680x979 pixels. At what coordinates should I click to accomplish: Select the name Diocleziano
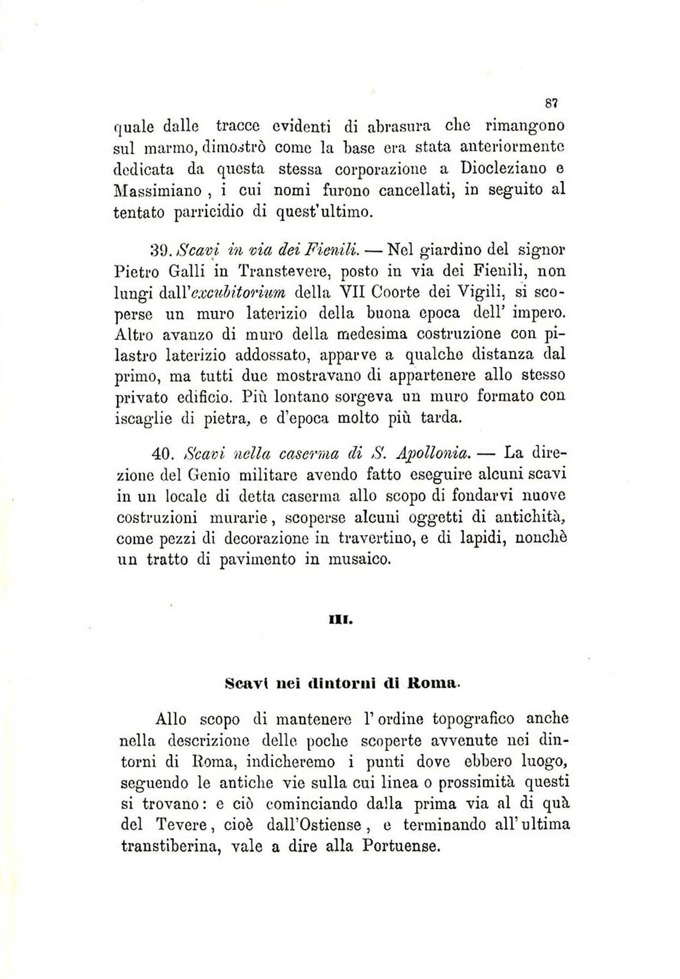(x=504, y=169)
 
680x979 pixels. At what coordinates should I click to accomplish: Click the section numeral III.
(x=341, y=620)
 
